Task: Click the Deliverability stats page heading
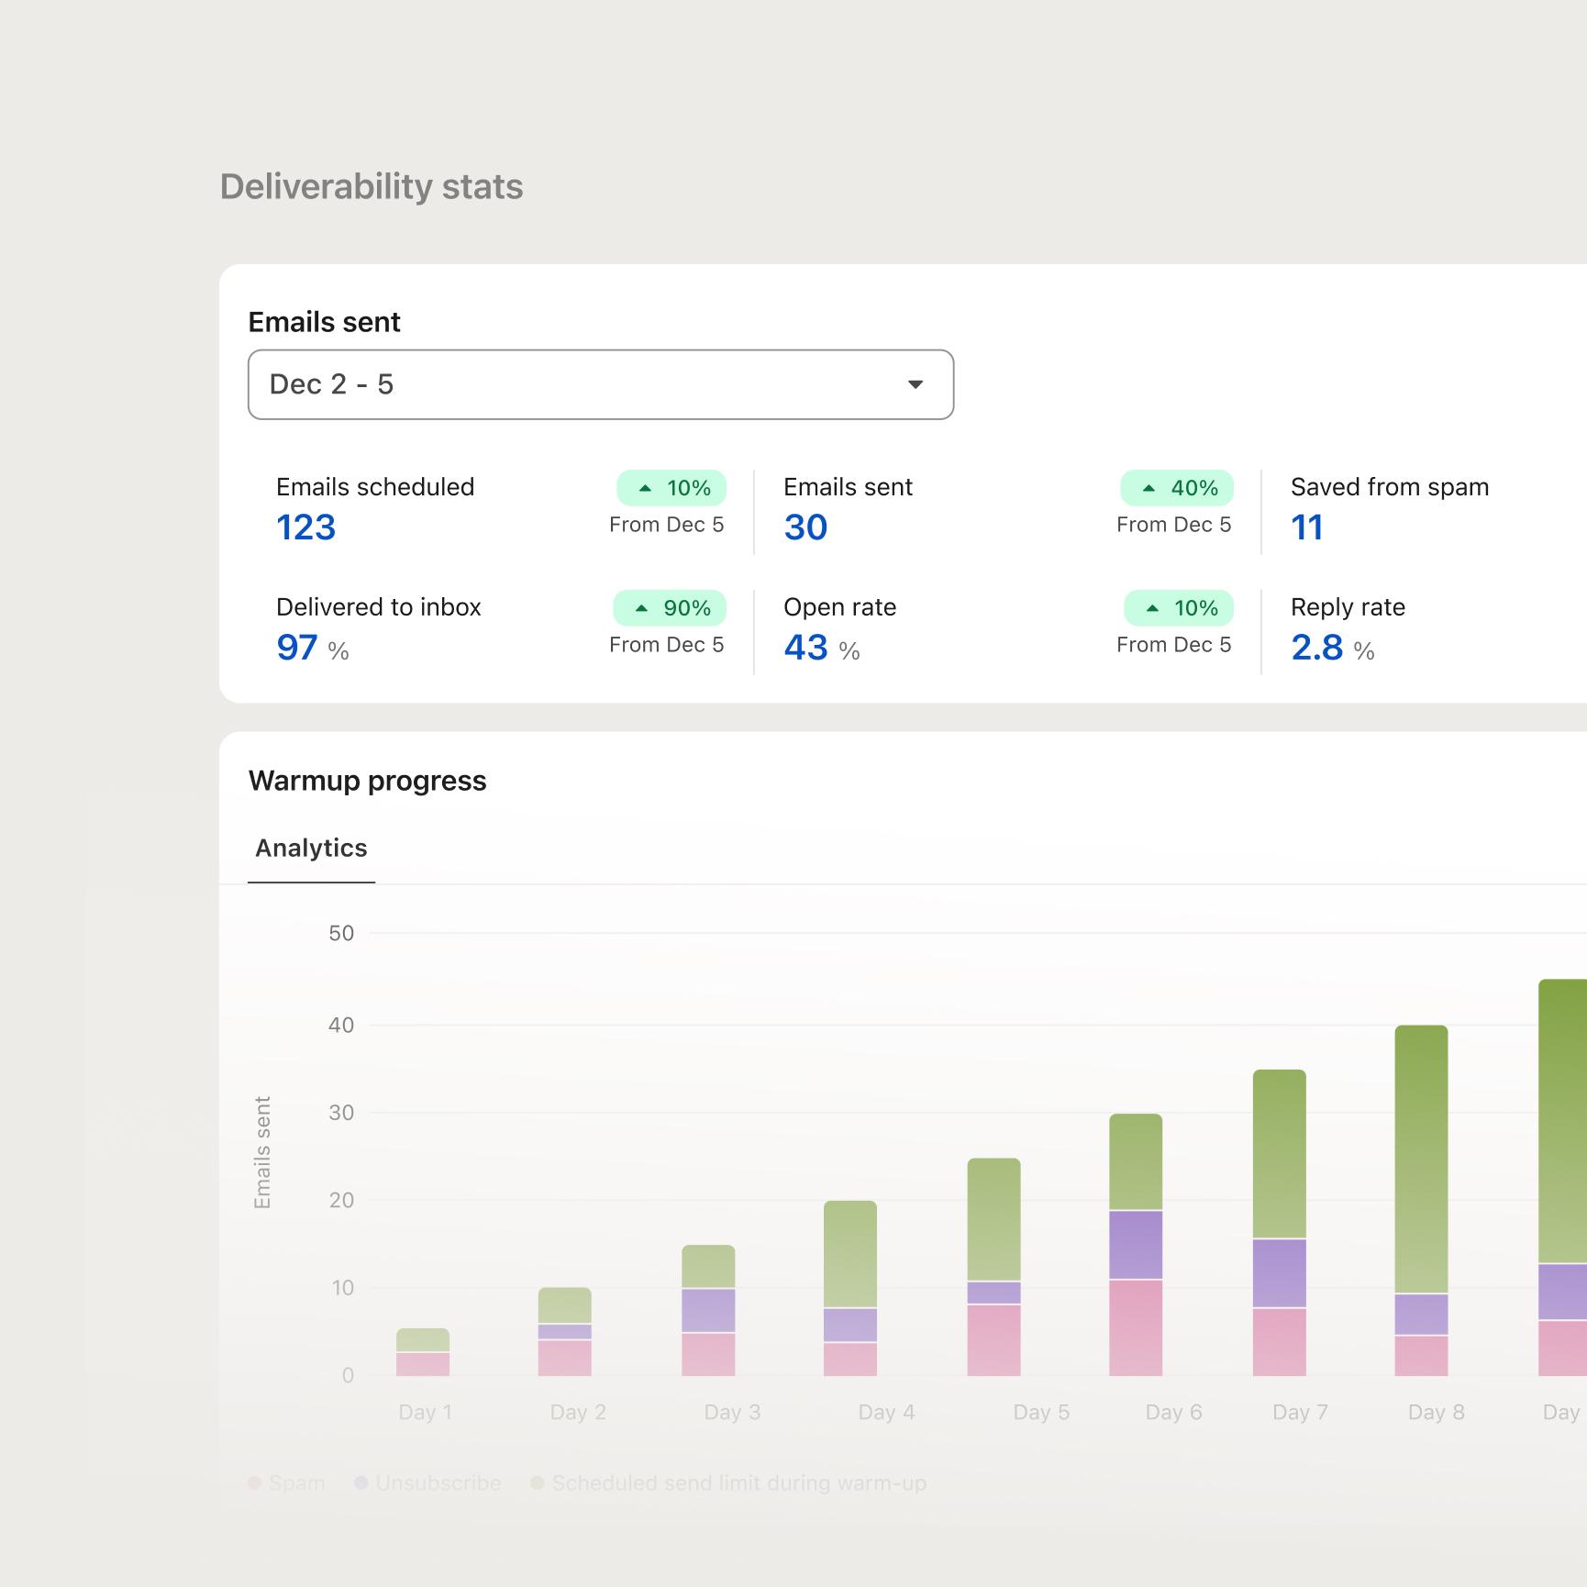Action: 372,187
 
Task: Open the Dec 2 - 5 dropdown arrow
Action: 915,384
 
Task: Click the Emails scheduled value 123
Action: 306,527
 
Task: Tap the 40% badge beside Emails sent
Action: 1177,488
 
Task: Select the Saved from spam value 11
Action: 1306,527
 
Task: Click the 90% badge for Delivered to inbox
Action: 670,608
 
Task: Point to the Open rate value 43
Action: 805,648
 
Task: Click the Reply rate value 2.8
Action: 1316,648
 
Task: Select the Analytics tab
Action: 311,849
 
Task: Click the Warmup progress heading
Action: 367,781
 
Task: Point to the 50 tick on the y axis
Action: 341,934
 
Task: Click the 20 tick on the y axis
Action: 341,1200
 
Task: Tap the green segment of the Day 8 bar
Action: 1421,1159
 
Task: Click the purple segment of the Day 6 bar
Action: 1136,1245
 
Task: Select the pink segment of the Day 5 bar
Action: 993,1339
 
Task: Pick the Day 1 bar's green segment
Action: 423,1340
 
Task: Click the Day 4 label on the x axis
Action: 886,1413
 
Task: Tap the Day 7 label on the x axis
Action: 1300,1413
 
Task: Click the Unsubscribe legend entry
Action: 438,1483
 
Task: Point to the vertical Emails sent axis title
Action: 262,1152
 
